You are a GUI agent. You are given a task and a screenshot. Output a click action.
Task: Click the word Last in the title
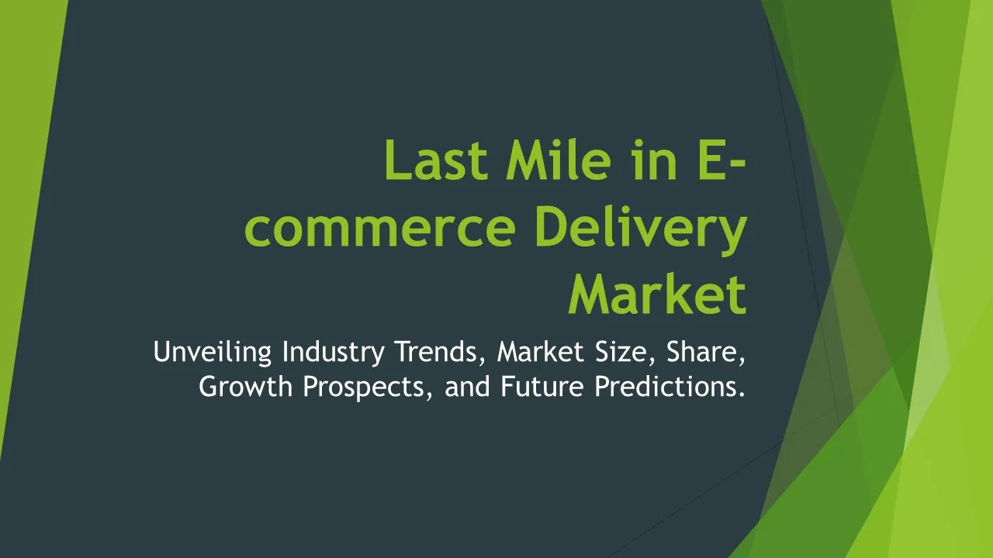tap(436, 160)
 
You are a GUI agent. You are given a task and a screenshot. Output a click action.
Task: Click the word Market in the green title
tap(658, 294)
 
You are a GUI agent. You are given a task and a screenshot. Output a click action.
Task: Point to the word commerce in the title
tap(379, 230)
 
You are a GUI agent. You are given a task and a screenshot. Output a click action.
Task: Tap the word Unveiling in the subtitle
tap(212, 353)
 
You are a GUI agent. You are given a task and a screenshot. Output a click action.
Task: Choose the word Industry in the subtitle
tap(333, 353)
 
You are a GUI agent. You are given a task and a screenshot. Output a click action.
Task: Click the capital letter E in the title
tap(712, 160)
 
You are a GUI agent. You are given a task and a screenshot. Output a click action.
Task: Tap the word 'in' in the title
tap(655, 160)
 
